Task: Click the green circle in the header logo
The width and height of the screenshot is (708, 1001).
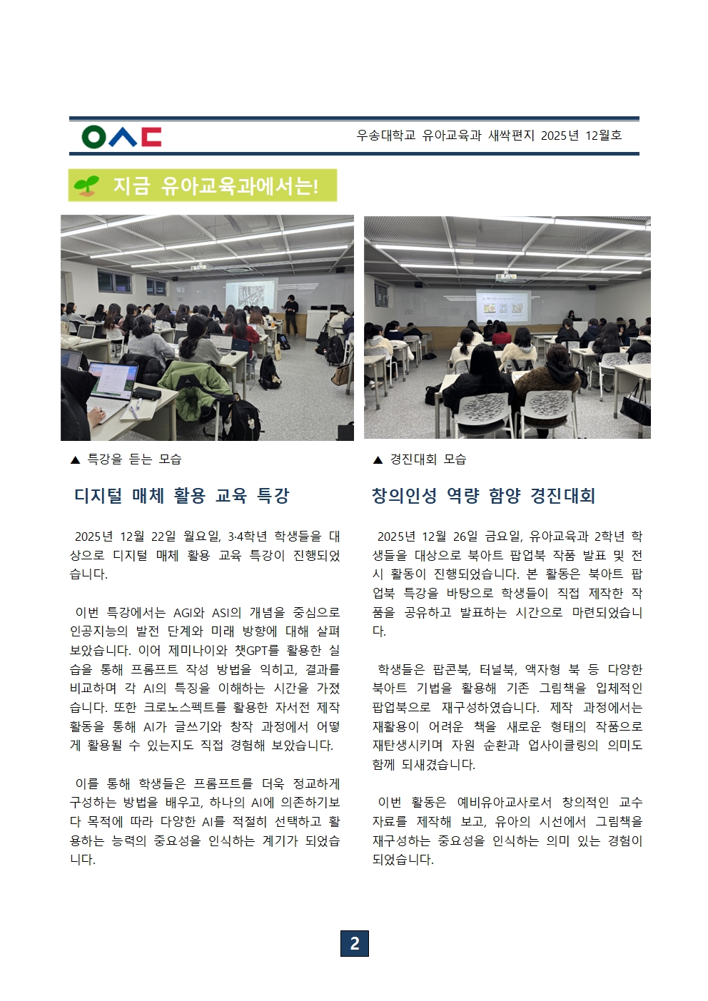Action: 93,136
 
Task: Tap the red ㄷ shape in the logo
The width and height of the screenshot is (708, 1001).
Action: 151,136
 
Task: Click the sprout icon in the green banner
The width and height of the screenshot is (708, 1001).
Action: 86,186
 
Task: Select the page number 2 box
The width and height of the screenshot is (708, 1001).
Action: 354,943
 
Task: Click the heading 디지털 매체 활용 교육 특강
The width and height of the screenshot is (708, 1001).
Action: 181,496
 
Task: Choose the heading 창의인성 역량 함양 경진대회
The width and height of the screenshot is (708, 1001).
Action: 483,496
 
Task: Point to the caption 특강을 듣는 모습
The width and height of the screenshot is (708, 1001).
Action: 134,459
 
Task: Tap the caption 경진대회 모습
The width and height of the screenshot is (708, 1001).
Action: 428,459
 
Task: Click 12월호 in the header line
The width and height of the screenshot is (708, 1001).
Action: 603,136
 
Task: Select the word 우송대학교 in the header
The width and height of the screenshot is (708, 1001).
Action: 385,136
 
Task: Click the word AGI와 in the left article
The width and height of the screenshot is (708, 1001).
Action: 189,612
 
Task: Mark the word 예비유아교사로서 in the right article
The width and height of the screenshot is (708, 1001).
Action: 504,802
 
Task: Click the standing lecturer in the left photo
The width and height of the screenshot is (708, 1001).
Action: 290,313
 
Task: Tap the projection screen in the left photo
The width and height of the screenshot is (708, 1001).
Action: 250,296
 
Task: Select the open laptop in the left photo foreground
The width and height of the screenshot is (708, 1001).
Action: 111,382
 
